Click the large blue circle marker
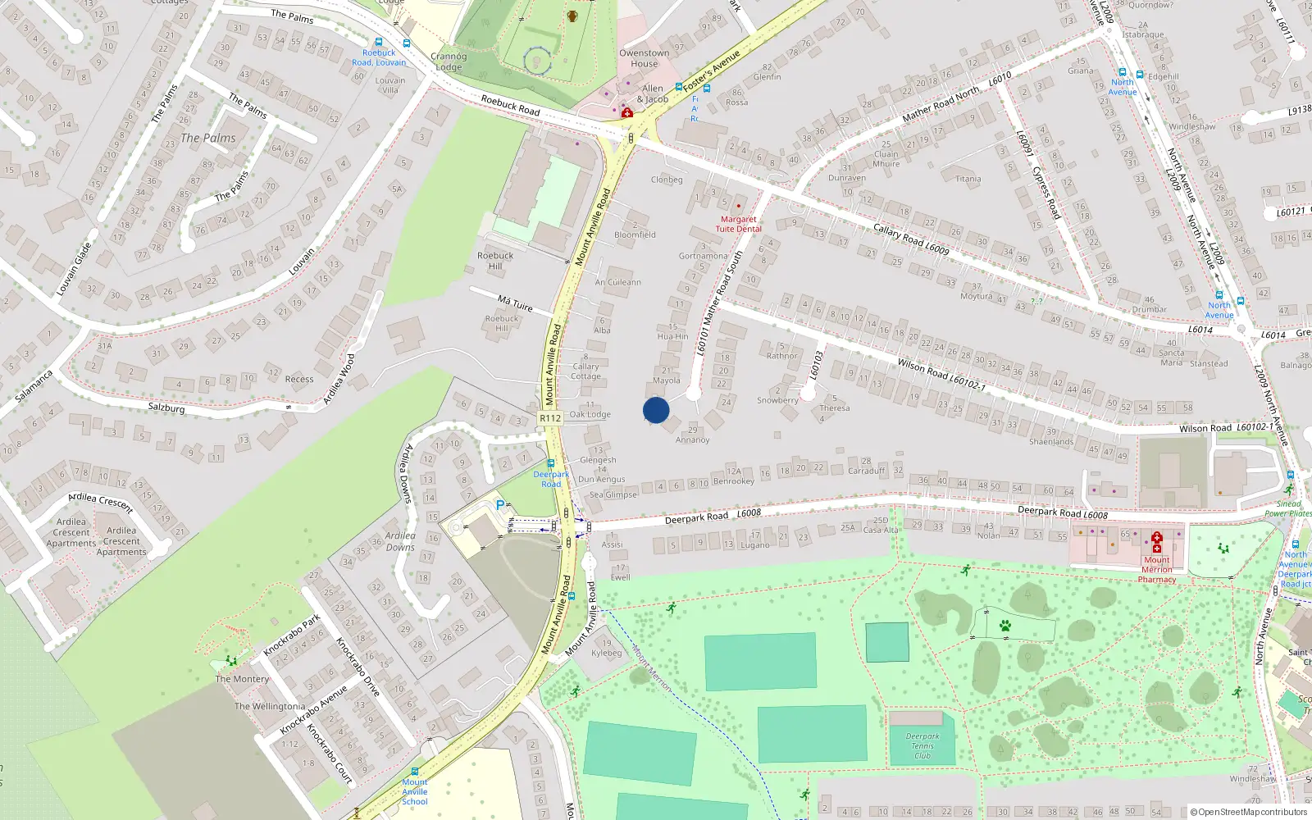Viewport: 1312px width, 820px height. pyautogui.click(x=656, y=410)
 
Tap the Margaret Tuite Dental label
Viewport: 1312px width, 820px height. pyautogui.click(x=738, y=224)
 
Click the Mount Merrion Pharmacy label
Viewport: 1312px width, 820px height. pyautogui.click(x=1156, y=569)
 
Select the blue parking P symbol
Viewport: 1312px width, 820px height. pyautogui.click(x=500, y=505)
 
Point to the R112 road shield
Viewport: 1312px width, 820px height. pyautogui.click(x=550, y=418)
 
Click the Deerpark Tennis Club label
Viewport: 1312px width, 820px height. pyautogui.click(x=922, y=745)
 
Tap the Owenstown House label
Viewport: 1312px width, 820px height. pyautogui.click(x=644, y=58)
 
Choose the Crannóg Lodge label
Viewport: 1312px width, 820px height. pyautogui.click(x=449, y=61)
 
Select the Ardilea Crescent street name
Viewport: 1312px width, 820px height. pyautogui.click(x=101, y=502)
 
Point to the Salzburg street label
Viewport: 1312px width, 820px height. pyautogui.click(x=166, y=408)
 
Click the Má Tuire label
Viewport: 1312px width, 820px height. pyautogui.click(x=515, y=303)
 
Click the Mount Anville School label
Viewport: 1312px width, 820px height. pyautogui.click(x=415, y=791)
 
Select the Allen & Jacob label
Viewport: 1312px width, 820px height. pyautogui.click(x=653, y=93)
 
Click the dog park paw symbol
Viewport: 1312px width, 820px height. pyautogui.click(x=1005, y=626)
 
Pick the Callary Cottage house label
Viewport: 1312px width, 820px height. pyautogui.click(x=585, y=371)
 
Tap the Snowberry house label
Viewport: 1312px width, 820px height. pyautogui.click(x=777, y=400)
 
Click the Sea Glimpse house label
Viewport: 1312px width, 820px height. pyautogui.click(x=613, y=494)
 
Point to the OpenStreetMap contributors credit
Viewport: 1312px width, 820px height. pyautogui.click(x=1249, y=812)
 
